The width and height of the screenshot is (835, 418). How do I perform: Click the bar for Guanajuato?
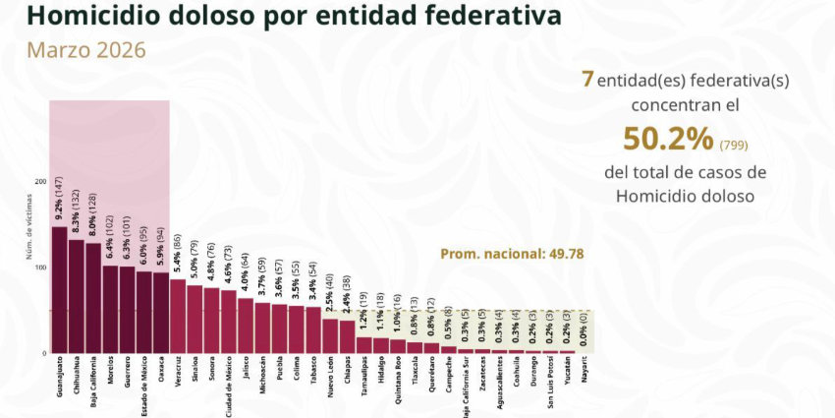coord(59,290)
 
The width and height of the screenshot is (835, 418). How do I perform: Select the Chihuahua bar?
coord(76,296)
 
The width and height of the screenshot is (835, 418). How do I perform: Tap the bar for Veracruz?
coord(178,316)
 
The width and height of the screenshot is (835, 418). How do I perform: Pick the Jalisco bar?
coord(246,326)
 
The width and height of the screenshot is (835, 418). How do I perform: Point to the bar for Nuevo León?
coord(330,335)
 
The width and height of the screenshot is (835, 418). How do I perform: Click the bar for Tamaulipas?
coord(364,345)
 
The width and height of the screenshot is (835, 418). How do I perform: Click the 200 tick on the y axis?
coord(40,182)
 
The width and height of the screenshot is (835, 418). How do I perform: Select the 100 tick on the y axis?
coord(40,268)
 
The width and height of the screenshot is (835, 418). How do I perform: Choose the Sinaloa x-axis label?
coord(195,372)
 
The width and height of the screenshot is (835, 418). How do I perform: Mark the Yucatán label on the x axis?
coord(569,373)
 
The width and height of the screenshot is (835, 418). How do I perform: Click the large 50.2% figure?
coord(668,140)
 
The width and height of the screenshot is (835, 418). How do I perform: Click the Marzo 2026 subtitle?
coord(85,49)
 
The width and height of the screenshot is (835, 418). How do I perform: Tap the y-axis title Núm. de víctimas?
coord(28,236)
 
